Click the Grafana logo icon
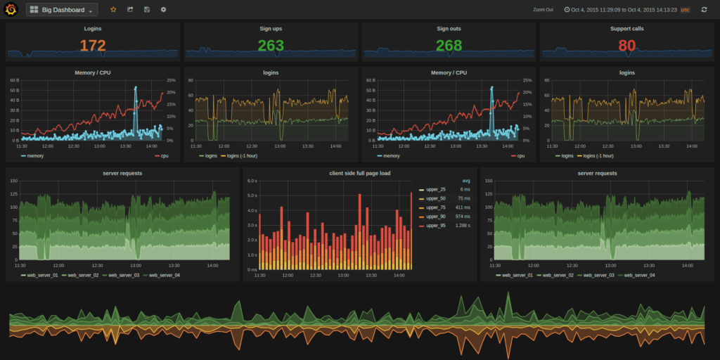click(x=11, y=10)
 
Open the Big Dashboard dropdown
click(x=62, y=10)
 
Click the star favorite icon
click(x=113, y=10)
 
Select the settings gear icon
click(x=164, y=10)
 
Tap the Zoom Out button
click(x=543, y=11)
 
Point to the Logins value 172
click(x=92, y=46)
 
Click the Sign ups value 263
click(x=271, y=46)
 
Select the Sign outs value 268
click(x=449, y=46)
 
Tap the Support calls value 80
click(x=626, y=46)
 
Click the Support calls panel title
click(x=626, y=29)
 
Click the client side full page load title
click(x=360, y=172)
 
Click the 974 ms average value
click(x=461, y=217)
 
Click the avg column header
click(x=465, y=181)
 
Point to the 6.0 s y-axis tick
click(x=252, y=181)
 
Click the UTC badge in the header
click(x=685, y=11)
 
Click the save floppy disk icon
click(x=146, y=10)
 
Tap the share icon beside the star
click(x=130, y=10)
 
